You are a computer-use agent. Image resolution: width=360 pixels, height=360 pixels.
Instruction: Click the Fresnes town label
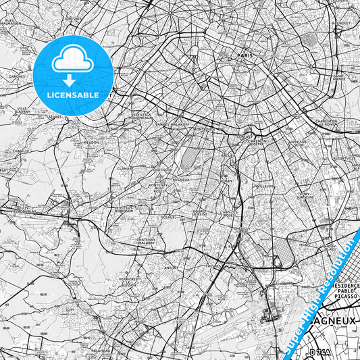[x=214, y=265]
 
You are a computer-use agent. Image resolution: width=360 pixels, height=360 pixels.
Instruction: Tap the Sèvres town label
[x=55, y=116]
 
